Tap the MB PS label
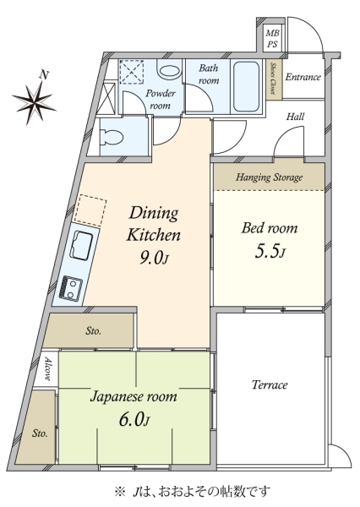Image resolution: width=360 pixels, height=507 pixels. point(272,38)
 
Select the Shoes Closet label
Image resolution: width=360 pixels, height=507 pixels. point(273,79)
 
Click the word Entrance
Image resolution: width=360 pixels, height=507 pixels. point(303,77)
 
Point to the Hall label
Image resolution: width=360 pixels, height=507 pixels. point(295,117)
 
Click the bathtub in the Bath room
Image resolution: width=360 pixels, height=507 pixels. point(246,86)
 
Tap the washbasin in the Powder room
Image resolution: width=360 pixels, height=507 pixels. point(168,70)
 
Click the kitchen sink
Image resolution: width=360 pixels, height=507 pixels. point(82,245)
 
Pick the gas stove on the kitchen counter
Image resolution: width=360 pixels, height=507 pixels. point(71,287)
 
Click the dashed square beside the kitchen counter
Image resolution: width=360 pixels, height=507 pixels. point(90,210)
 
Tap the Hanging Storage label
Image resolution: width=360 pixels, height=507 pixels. point(269,177)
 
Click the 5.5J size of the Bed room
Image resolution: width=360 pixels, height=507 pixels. point(270,252)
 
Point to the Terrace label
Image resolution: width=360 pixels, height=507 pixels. point(270,384)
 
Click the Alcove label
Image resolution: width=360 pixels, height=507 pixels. point(47,368)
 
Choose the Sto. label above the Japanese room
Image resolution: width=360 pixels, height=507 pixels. point(94,330)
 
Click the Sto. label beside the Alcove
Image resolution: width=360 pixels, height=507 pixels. point(40,433)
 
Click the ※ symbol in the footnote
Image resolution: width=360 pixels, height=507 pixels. point(119,492)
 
